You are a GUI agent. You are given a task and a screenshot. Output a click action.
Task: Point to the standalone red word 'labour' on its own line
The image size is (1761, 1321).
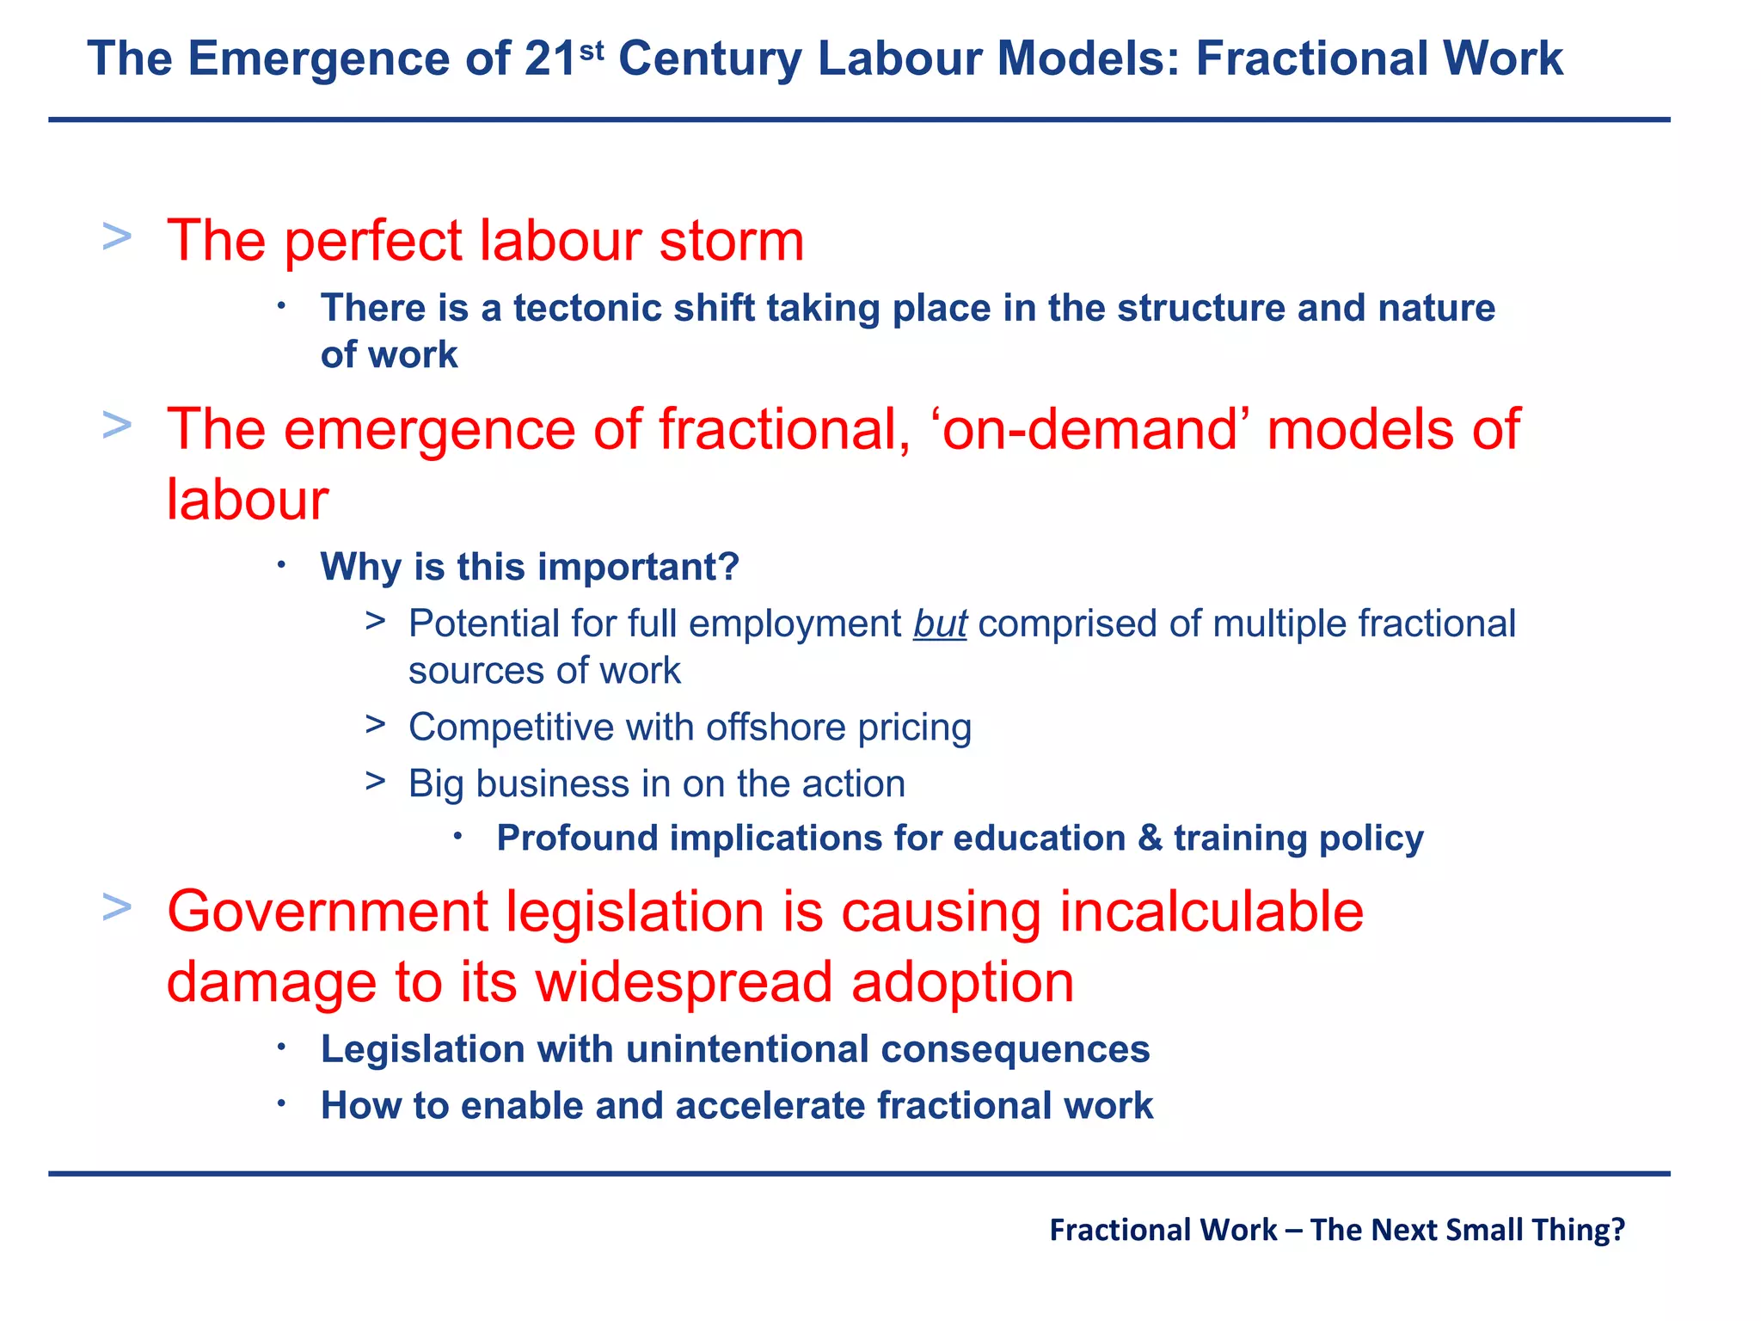coord(247,500)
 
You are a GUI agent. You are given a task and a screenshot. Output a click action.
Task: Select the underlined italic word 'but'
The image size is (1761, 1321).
coord(939,624)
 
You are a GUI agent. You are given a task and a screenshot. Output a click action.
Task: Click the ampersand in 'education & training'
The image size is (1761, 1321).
coord(1150,838)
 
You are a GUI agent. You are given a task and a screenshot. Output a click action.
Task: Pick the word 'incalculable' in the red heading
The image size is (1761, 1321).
coord(1211,912)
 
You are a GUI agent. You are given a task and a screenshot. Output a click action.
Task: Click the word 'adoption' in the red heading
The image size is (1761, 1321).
coord(962,982)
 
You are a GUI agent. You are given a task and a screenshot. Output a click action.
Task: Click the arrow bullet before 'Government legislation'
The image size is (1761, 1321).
coord(117,906)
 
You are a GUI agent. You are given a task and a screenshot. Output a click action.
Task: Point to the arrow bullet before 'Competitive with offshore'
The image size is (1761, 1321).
coord(375,725)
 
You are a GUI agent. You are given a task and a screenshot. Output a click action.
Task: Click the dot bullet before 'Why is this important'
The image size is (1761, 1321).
coord(281,565)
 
